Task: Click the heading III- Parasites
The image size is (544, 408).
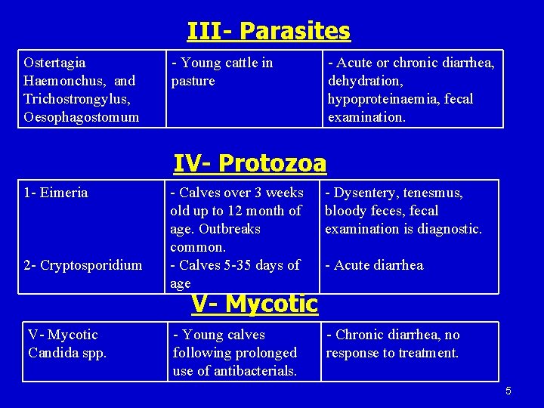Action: tap(269, 31)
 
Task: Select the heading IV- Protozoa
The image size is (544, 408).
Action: tap(250, 162)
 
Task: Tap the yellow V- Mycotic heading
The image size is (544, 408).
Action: tap(255, 304)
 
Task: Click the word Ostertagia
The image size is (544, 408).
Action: tap(54, 63)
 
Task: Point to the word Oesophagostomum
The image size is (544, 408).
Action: tap(82, 117)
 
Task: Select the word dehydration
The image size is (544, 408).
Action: tap(365, 81)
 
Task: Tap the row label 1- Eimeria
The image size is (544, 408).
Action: tap(56, 193)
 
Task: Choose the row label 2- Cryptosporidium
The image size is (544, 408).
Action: tap(83, 265)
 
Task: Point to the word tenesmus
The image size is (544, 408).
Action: tap(431, 193)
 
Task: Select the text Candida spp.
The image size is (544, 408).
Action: tap(67, 353)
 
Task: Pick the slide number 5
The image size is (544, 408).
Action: tap(508, 391)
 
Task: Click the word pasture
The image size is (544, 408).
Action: tap(193, 81)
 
